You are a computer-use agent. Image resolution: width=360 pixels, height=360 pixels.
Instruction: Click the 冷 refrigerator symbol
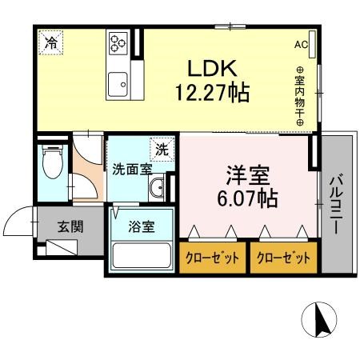click(x=50, y=42)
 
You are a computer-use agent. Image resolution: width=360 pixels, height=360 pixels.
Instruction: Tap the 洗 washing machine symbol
click(x=161, y=147)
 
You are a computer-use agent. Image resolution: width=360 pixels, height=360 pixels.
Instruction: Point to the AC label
click(x=301, y=44)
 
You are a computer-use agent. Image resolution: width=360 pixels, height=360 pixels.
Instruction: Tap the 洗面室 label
click(x=131, y=170)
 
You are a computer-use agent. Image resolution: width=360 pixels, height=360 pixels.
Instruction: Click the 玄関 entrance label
click(x=70, y=226)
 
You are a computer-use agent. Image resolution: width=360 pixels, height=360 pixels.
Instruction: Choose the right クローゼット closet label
click(x=283, y=258)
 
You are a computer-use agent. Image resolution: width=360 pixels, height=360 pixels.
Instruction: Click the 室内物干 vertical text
click(x=301, y=97)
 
